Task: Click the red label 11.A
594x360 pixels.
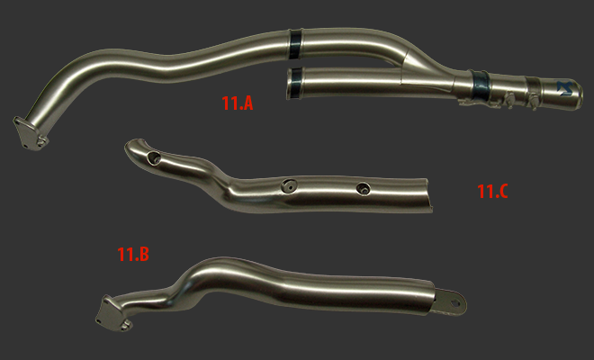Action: pyautogui.click(x=237, y=103)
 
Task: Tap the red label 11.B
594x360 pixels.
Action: pyautogui.click(x=133, y=255)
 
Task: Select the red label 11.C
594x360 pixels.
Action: pyautogui.click(x=492, y=192)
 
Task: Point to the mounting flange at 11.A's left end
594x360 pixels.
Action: pyautogui.click(x=31, y=134)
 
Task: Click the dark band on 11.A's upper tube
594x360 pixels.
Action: pyautogui.click(x=294, y=43)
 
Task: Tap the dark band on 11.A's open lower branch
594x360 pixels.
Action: pyautogui.click(x=294, y=84)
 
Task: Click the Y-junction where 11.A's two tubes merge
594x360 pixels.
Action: pyautogui.click(x=409, y=68)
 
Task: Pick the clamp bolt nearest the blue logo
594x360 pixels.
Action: pyautogui.click(x=533, y=101)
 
